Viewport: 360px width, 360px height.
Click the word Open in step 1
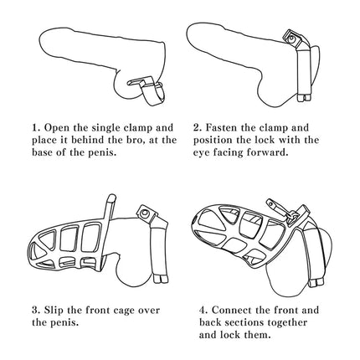(x=57, y=128)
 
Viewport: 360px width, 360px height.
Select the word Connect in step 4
(x=232, y=310)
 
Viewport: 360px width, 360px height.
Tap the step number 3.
(x=36, y=311)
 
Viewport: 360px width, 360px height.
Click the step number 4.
(x=203, y=311)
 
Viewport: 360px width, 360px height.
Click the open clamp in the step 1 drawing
(x=147, y=91)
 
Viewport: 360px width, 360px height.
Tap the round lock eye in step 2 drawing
(x=291, y=38)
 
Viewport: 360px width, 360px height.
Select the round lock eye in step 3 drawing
(x=145, y=213)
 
